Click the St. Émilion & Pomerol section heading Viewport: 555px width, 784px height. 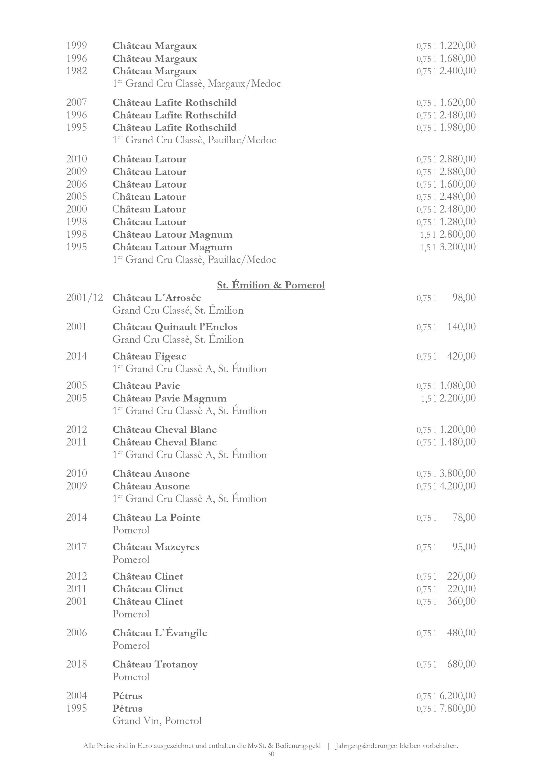click(271, 285)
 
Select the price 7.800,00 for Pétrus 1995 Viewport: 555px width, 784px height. click(457, 708)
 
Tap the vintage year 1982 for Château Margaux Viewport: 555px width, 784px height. click(77, 71)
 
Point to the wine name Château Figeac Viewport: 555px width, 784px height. click(149, 356)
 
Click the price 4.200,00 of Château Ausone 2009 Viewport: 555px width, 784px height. click(457, 486)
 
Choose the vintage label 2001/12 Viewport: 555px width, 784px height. click(84, 298)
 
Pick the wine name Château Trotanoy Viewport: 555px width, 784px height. click(155, 664)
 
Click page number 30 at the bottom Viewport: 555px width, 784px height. click(271, 754)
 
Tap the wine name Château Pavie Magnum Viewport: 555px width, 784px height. click(170, 398)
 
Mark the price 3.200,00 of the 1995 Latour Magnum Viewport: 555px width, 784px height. click(457, 247)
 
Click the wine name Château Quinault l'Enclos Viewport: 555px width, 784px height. click(175, 327)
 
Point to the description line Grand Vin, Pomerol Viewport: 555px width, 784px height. click(157, 721)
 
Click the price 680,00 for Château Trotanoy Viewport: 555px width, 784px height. click(461, 664)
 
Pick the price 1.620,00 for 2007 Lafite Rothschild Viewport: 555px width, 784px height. click(457, 102)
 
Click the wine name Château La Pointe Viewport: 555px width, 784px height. click(156, 518)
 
